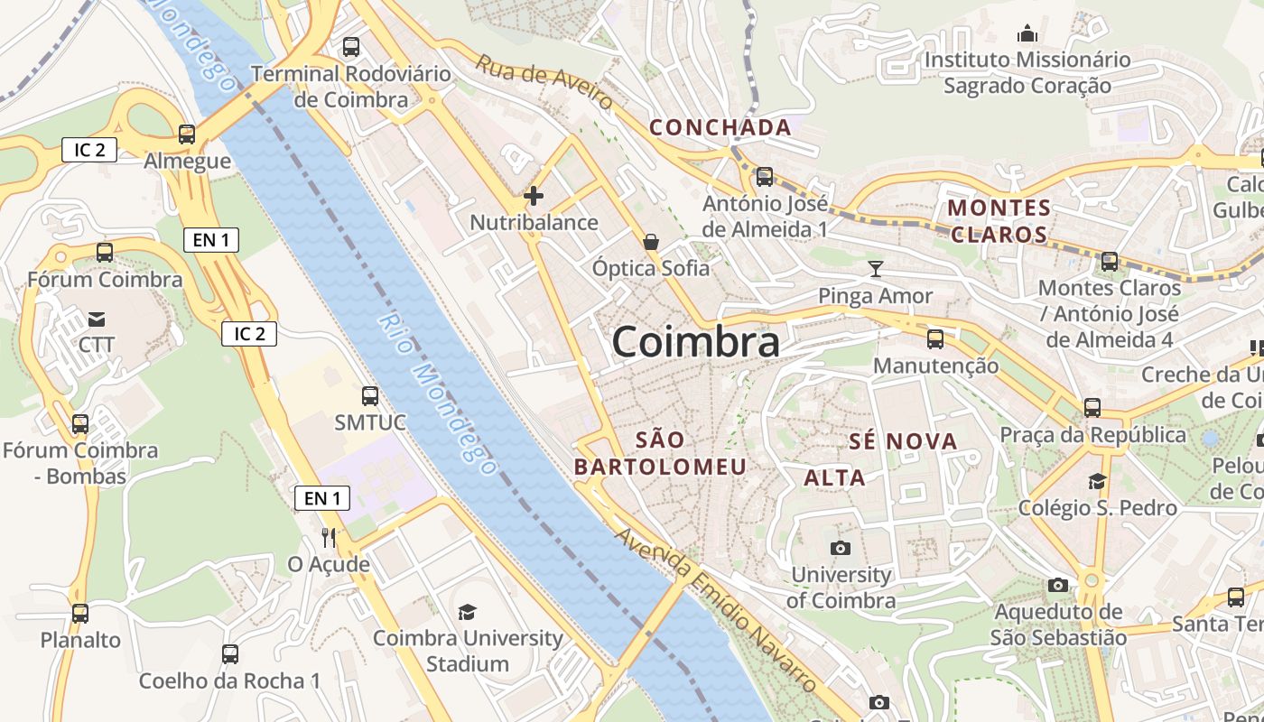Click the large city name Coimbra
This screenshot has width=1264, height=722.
696,343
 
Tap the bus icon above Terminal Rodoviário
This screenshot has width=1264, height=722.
351,47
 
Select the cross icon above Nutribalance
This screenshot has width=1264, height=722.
534,195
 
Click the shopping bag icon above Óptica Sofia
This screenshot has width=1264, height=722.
651,242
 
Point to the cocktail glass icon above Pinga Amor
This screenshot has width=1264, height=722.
875,268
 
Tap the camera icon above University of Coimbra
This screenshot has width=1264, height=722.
840,548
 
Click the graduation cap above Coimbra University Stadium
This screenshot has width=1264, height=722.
467,612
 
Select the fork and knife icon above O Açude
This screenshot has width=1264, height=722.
329,538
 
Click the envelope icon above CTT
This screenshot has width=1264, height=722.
97,319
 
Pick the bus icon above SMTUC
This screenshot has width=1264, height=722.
369,395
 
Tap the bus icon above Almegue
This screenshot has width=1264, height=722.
187,134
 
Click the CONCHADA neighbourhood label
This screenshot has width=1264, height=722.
720,128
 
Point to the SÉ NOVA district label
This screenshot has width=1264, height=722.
903,441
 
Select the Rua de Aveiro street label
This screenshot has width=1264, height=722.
544,82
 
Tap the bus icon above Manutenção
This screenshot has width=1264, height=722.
935,339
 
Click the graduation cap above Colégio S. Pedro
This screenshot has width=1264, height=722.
1097,481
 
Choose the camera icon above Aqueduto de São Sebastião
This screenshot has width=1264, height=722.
1058,586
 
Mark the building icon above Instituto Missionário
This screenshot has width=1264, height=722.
1027,34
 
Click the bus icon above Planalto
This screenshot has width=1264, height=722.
80,614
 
